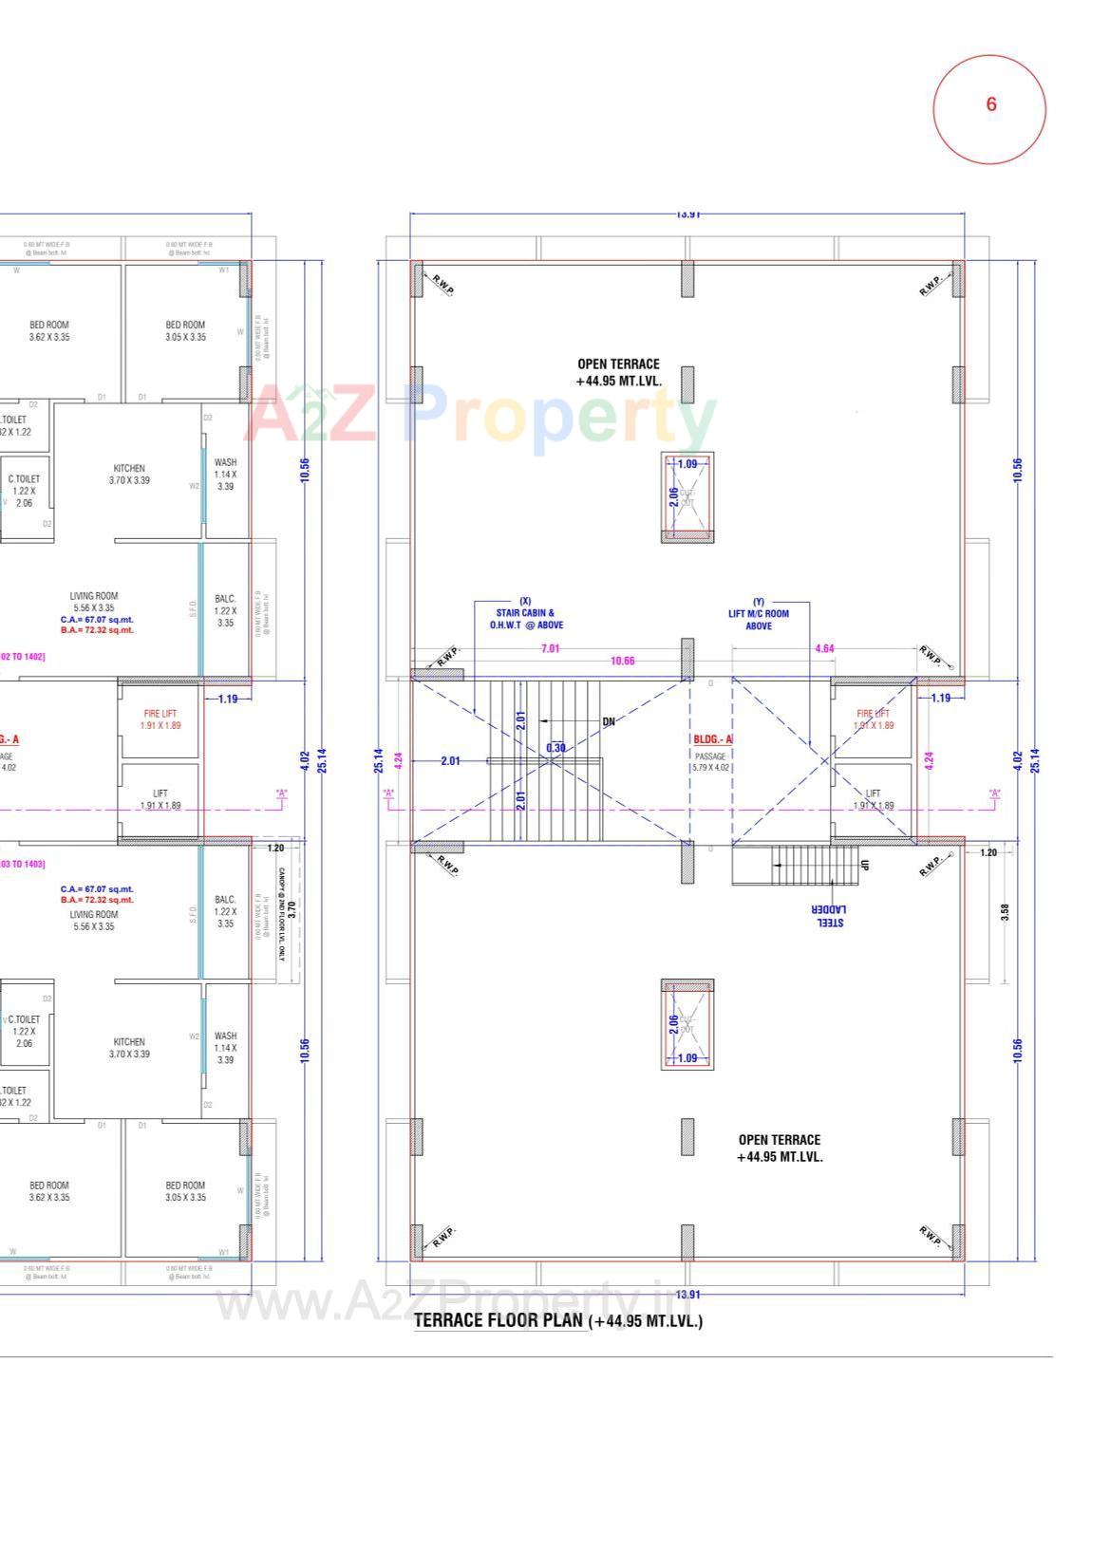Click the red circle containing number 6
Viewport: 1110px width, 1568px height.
[x=989, y=109]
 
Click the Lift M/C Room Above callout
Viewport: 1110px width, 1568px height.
[x=758, y=614]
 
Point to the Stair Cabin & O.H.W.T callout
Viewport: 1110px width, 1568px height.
[x=526, y=613]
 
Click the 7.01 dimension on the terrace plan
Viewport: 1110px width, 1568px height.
[x=550, y=648]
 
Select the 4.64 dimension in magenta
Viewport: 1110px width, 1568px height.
[x=824, y=648]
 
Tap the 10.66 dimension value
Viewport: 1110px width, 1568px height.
[x=622, y=661]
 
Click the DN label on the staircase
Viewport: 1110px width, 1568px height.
[x=609, y=721]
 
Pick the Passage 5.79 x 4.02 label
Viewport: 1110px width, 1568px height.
[x=710, y=761]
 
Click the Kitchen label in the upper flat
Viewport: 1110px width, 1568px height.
[x=129, y=474]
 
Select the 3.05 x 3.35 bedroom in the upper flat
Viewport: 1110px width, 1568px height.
[x=185, y=330]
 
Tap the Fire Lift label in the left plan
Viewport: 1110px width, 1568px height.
[x=160, y=719]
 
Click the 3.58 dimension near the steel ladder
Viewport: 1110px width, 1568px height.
[x=1005, y=911]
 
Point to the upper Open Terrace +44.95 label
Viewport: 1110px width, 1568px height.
[x=618, y=372]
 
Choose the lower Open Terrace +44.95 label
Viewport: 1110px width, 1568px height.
[x=780, y=1148]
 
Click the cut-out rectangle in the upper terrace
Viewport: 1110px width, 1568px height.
[x=687, y=496]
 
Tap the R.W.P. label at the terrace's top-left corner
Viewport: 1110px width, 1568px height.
[x=442, y=282]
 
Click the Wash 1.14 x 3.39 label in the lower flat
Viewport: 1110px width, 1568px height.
[x=225, y=1047]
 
